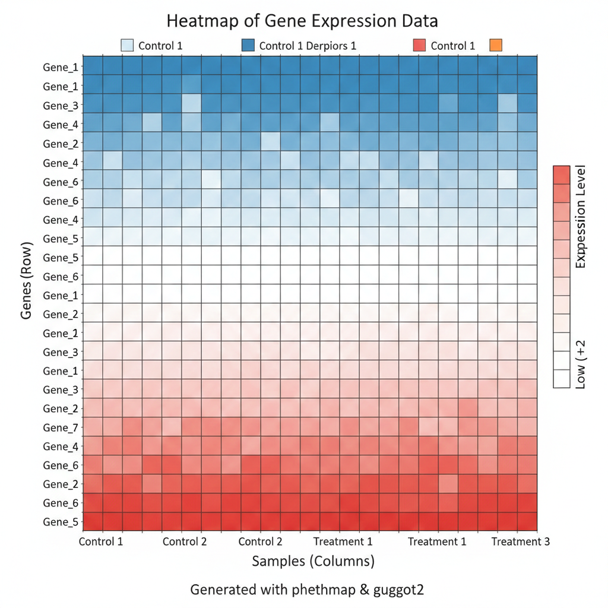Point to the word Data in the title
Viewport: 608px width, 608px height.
418,21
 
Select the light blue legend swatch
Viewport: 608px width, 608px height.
127,45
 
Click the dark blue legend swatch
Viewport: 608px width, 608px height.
248,45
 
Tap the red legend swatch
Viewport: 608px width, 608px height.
419,45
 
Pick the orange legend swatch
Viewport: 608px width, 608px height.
495,45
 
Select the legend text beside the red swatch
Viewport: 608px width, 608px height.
452,46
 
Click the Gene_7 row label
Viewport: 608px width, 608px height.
60,427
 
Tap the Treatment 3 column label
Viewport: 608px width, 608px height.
520,541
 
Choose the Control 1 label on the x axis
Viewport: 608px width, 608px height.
101,541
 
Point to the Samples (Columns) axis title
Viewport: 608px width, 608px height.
313,561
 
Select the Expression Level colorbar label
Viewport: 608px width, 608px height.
581,217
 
